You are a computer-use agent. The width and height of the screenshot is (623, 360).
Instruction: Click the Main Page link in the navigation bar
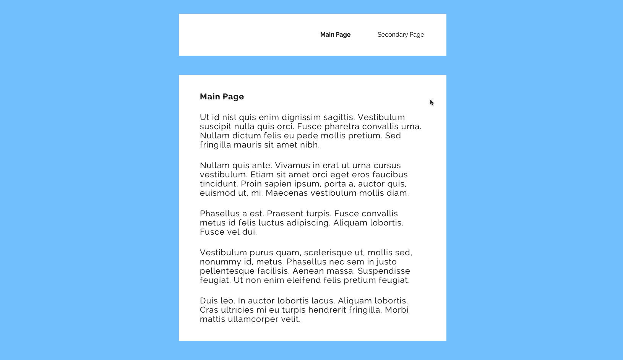(x=335, y=35)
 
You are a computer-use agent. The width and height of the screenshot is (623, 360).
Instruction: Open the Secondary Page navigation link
(x=401, y=35)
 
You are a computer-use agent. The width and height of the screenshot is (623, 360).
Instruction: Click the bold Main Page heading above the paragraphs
(x=222, y=97)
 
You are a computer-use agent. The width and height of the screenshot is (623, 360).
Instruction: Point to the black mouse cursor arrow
(x=432, y=102)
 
